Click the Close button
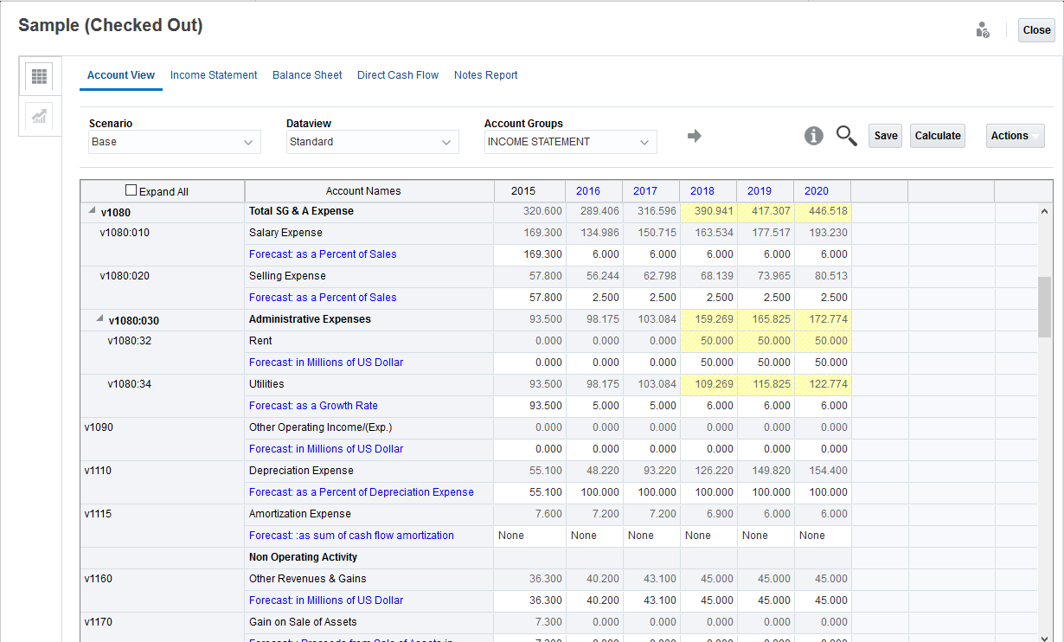pyautogui.click(x=1036, y=30)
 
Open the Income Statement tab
pyautogui.click(x=214, y=75)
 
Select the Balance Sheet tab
pyautogui.click(x=307, y=75)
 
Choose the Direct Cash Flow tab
pyautogui.click(x=398, y=75)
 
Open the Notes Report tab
pyautogui.click(x=485, y=75)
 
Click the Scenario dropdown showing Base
pyautogui.click(x=174, y=142)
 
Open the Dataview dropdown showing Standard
pyautogui.click(x=372, y=142)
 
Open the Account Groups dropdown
pyautogui.click(x=570, y=142)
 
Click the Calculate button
pyautogui.click(x=938, y=136)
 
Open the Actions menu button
pyautogui.click(x=1015, y=136)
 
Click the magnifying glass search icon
pyautogui.click(x=846, y=136)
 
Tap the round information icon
pyautogui.click(x=813, y=136)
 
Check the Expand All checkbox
pyautogui.click(x=131, y=190)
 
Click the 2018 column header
pyautogui.click(x=702, y=191)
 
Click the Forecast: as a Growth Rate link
pyautogui.click(x=313, y=406)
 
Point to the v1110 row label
pyautogui.click(x=99, y=471)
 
